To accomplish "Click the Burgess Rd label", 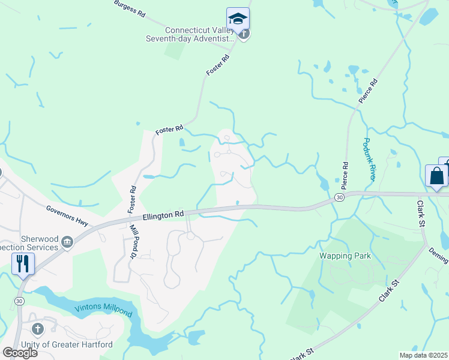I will [x=129, y=8].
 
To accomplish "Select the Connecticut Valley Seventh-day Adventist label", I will [x=199, y=34].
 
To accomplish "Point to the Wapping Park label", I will [x=345, y=256].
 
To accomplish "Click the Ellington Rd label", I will [x=163, y=214].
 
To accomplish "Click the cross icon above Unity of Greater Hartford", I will [x=37, y=329].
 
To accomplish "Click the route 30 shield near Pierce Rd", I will [x=340, y=197].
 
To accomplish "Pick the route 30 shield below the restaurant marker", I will [x=19, y=300].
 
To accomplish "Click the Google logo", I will [x=20, y=352].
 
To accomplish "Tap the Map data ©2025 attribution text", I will [x=423, y=355].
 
